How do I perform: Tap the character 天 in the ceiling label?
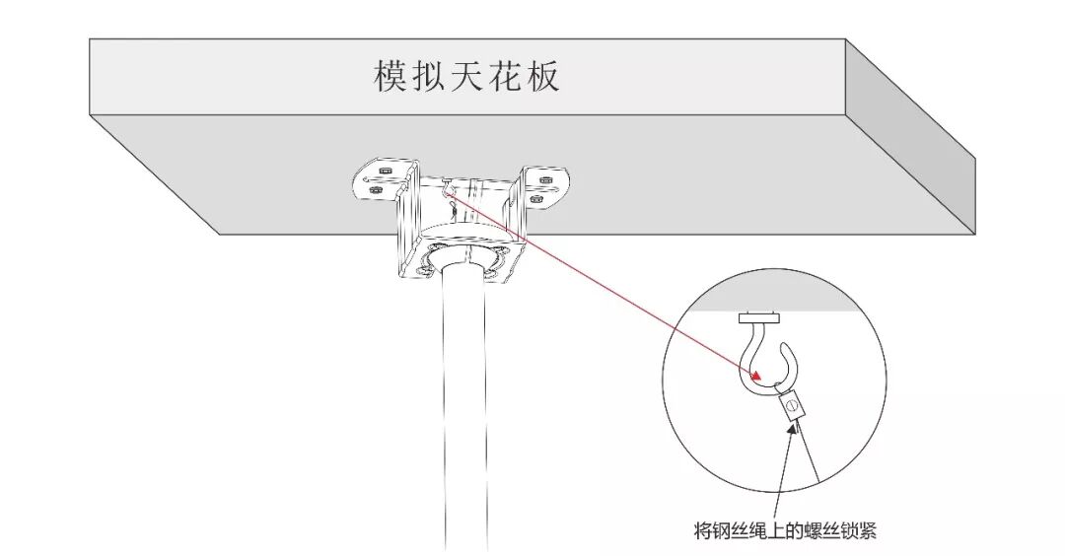(467, 75)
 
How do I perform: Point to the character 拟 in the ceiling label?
(429, 75)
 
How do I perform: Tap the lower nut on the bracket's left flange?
(376, 190)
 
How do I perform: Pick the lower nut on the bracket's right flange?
(536, 198)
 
